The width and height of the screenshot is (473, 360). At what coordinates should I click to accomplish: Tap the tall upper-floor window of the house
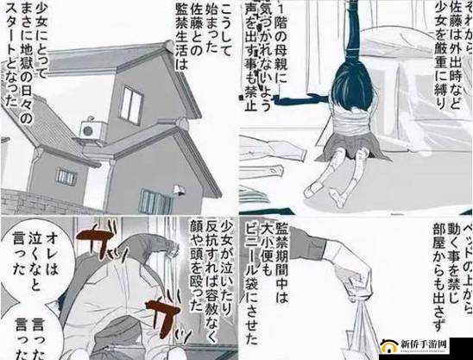click(x=130, y=104)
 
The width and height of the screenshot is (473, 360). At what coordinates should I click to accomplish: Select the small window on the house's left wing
click(x=66, y=176)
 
